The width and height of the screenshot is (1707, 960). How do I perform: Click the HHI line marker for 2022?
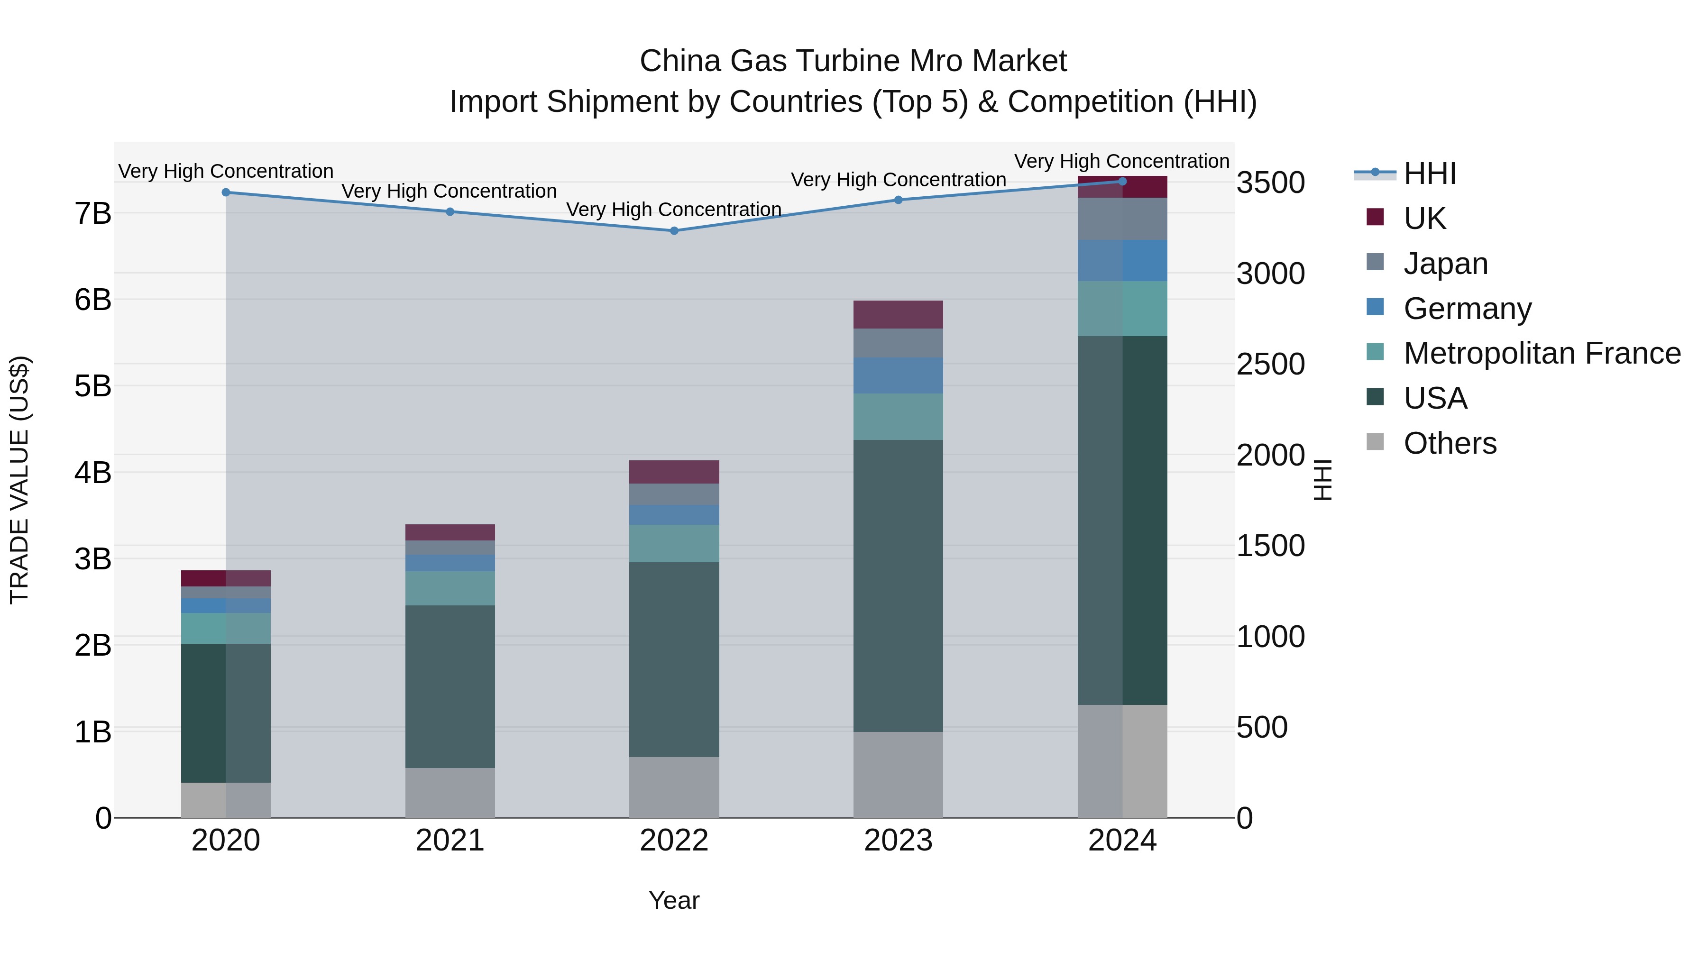(x=674, y=230)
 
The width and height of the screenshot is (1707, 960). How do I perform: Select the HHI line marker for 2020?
(x=226, y=192)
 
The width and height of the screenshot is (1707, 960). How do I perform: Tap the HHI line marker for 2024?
(x=1122, y=181)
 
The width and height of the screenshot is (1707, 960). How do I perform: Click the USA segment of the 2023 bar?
(x=898, y=585)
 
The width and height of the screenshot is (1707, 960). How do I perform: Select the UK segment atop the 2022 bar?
(x=674, y=472)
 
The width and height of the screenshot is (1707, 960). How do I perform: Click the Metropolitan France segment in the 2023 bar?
(x=898, y=417)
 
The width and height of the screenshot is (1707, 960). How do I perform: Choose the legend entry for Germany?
(x=1467, y=309)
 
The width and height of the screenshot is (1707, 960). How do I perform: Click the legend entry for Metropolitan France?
(x=1542, y=353)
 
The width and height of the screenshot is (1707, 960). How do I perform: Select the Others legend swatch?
(x=1375, y=442)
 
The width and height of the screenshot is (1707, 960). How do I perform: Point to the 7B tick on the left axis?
(x=93, y=213)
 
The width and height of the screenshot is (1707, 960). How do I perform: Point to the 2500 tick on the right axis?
(x=1270, y=365)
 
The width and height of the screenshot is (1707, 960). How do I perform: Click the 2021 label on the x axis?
(x=450, y=841)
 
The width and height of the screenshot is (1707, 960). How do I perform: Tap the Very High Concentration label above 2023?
(x=898, y=180)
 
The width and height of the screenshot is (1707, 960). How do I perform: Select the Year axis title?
(x=674, y=900)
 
